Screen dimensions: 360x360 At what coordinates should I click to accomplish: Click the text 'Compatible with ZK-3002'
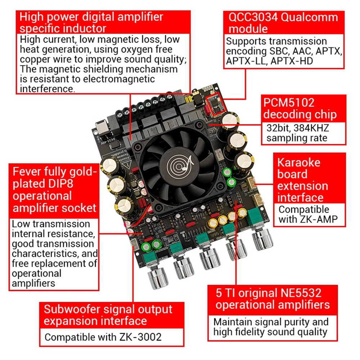click(x=103, y=337)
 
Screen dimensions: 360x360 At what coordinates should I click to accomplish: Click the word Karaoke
click(x=298, y=162)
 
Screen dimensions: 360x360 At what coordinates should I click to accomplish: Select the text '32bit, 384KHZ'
click(x=298, y=128)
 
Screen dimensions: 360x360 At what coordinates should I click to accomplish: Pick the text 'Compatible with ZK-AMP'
click(x=304, y=214)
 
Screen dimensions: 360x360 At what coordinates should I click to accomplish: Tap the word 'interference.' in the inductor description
click(x=48, y=89)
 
